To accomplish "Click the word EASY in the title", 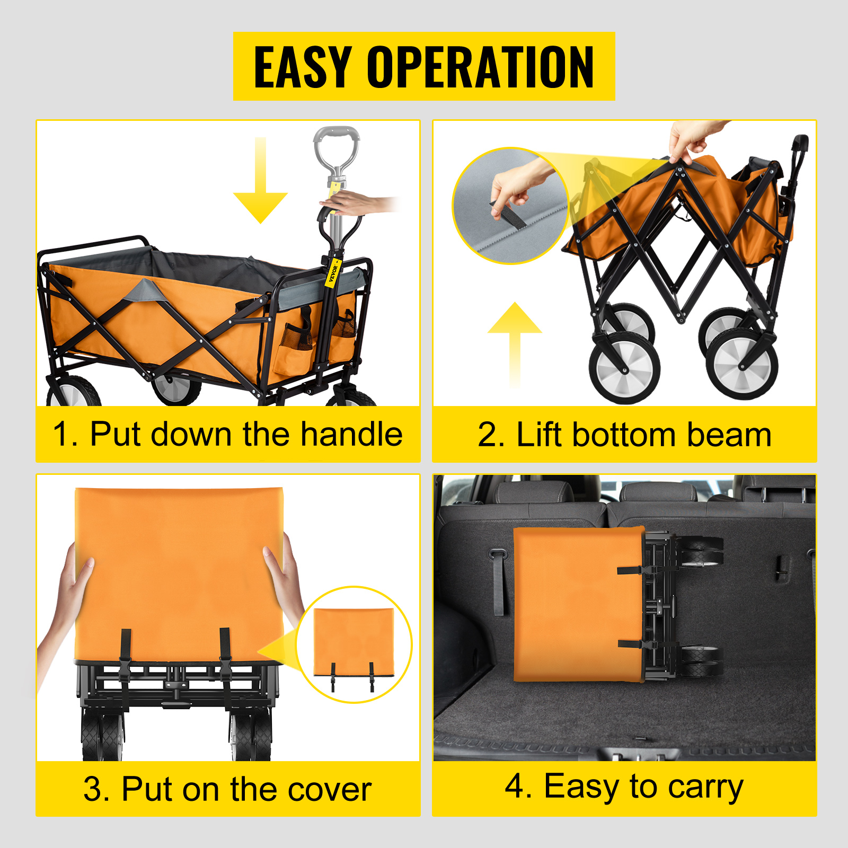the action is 303,67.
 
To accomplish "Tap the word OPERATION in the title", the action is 480,67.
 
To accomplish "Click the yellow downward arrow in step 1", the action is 260,180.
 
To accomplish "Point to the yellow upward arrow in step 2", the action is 515,344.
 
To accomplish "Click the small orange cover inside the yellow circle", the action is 354,642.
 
